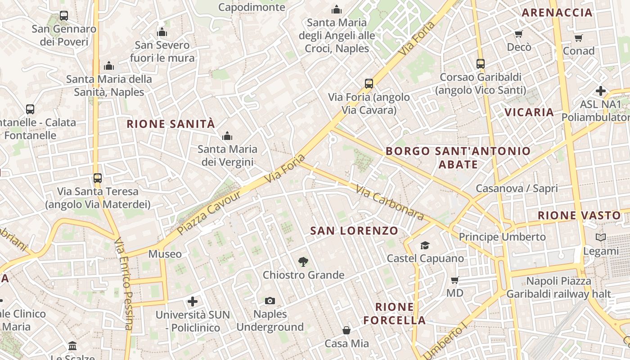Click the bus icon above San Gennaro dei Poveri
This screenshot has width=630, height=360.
coord(64,16)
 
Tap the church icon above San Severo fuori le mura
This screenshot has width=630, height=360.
coord(162,32)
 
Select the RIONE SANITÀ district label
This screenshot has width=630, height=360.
coord(171,124)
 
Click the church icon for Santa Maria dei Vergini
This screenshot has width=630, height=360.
coord(227,135)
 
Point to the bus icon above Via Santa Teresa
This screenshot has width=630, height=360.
coord(98,178)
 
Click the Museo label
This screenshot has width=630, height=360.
coord(165,254)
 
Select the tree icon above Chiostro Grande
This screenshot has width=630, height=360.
coord(303,261)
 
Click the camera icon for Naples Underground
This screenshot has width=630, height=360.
coord(270,301)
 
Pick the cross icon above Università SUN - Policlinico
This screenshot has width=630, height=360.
coord(193,301)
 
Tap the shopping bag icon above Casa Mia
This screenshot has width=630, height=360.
coord(346,331)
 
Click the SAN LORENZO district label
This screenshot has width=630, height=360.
coord(354,231)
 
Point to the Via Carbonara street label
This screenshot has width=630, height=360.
coord(390,203)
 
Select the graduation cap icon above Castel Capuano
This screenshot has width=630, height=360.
coord(425,245)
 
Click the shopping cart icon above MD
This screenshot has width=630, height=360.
coord(455,280)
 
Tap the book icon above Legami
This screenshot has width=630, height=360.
coord(601,237)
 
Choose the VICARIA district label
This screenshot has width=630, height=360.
coord(529,112)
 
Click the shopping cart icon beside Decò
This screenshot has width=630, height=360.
coord(518,34)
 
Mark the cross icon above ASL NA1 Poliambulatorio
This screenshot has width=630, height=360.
coord(600,91)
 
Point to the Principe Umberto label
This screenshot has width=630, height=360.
coord(502,237)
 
